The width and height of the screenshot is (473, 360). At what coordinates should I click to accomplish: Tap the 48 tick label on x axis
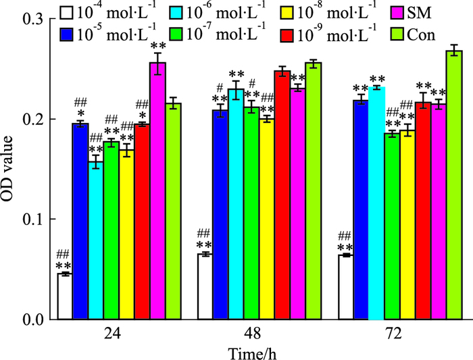pyautogui.click(x=252, y=334)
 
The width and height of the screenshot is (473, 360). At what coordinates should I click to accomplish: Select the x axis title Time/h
pyautogui.click(x=252, y=350)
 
